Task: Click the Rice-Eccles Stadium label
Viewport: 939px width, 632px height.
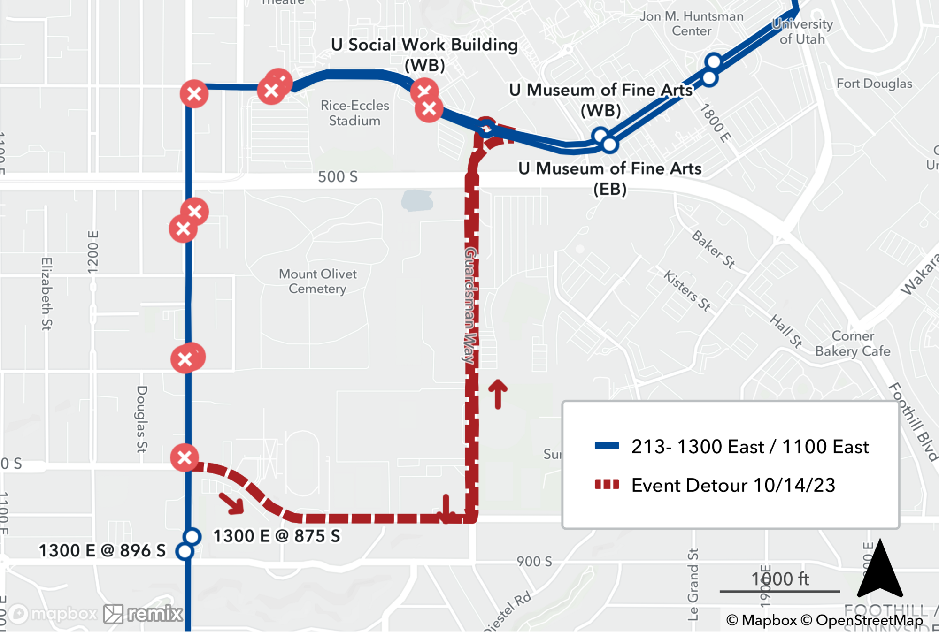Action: (354, 113)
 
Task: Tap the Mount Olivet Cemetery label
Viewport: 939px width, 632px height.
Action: (317, 281)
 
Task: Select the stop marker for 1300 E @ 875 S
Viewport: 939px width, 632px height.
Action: (192, 536)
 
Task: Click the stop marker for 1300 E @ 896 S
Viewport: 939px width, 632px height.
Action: (185, 551)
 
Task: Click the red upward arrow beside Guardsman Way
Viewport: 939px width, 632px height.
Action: (498, 393)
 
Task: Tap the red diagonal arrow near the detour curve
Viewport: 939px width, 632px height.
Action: (232, 503)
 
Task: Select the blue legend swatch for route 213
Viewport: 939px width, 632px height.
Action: (607, 446)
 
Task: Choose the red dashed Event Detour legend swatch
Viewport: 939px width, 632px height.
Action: (607, 485)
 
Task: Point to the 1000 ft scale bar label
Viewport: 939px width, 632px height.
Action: (780, 579)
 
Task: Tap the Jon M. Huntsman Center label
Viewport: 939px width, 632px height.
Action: (691, 23)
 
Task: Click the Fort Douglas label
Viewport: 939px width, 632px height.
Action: (874, 84)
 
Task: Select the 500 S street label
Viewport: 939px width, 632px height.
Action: (338, 177)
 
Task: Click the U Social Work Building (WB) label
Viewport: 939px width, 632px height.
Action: (424, 54)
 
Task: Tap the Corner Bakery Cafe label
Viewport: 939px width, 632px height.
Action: (853, 343)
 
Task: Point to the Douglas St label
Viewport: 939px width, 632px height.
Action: (142, 419)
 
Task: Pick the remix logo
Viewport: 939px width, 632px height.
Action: (144, 614)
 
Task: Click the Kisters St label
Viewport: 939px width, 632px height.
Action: (687, 290)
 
